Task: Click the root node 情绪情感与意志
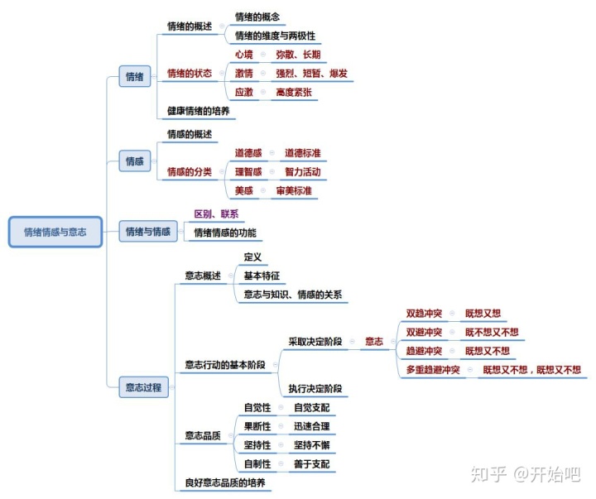pos(55,233)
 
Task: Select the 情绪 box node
pos(134,77)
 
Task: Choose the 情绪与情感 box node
pos(147,233)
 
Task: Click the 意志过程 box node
pos(143,386)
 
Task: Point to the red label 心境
pos(243,55)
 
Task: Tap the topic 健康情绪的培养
pos(198,111)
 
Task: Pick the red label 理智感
pos(248,172)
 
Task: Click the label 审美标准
pos(294,190)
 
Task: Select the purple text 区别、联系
pos(215,214)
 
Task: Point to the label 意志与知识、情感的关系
pos(293,295)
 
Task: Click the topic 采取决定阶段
pos(315,340)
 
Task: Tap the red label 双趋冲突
pos(423,314)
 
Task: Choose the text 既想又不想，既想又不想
pos(531,370)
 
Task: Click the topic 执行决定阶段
pos(315,388)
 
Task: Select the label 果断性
pos(257,426)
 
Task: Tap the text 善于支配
pos(311,464)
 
